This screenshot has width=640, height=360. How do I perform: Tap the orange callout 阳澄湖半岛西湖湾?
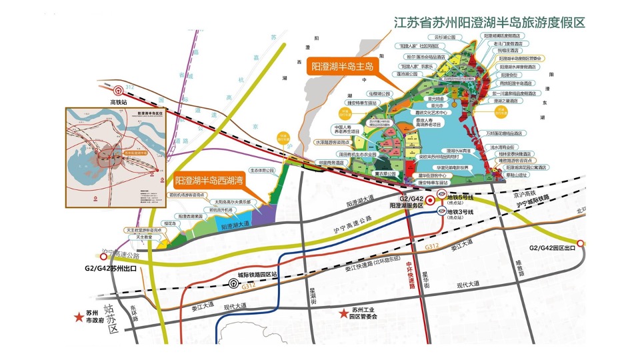(x=210, y=180)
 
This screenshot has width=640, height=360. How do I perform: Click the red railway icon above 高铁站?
(x=119, y=90)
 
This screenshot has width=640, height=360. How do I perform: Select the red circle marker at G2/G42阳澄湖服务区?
(x=430, y=199)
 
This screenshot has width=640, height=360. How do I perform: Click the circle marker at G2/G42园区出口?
(x=581, y=244)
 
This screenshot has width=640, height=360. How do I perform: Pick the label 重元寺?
(x=437, y=105)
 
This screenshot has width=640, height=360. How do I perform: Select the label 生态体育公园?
(x=261, y=171)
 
